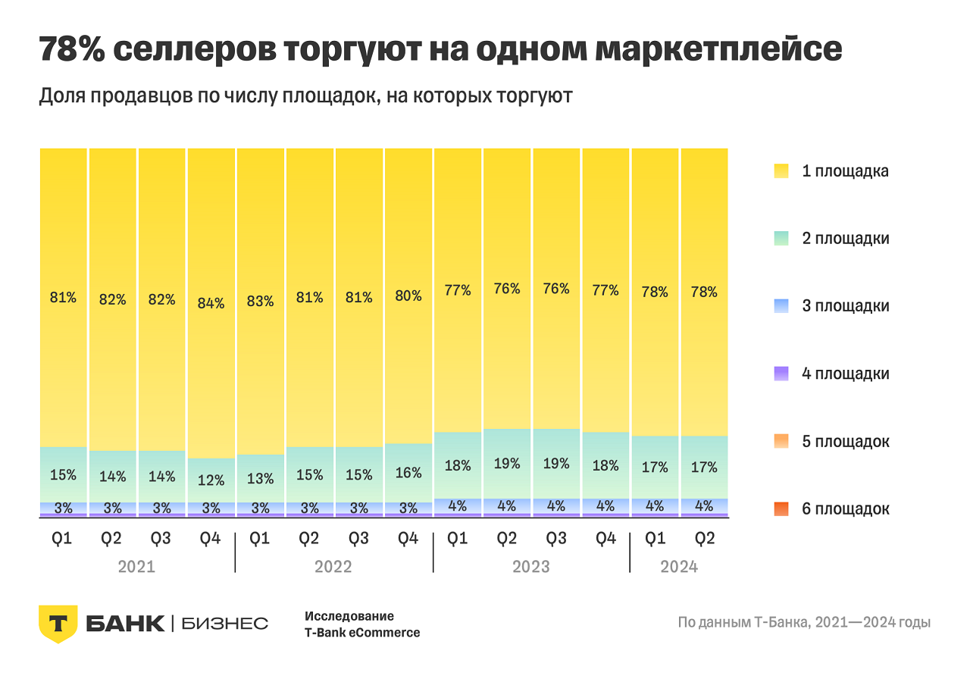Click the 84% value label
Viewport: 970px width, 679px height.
click(x=211, y=303)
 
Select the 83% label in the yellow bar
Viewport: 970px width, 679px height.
click(x=260, y=301)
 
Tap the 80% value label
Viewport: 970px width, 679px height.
click(x=408, y=296)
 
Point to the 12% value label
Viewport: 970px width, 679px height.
click(x=211, y=480)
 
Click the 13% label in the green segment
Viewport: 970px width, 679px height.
click(x=260, y=477)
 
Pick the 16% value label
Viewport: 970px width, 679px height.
click(x=408, y=473)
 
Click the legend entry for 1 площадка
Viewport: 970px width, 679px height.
click(x=845, y=171)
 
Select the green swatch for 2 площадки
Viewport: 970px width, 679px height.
click(x=782, y=239)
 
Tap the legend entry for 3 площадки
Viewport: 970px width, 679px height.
click(x=845, y=306)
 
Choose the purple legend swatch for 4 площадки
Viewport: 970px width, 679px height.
click(x=782, y=374)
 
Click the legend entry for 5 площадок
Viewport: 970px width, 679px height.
click(x=845, y=441)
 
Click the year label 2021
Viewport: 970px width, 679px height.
click(x=136, y=567)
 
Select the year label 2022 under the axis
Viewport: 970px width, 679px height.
click(x=333, y=567)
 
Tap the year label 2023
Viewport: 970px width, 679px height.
click(x=531, y=567)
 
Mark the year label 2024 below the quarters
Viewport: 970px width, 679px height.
click(x=679, y=567)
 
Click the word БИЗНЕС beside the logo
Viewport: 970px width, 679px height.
click(x=225, y=624)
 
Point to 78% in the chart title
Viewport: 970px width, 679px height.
click(x=72, y=50)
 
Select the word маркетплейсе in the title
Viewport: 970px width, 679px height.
click(x=718, y=50)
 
